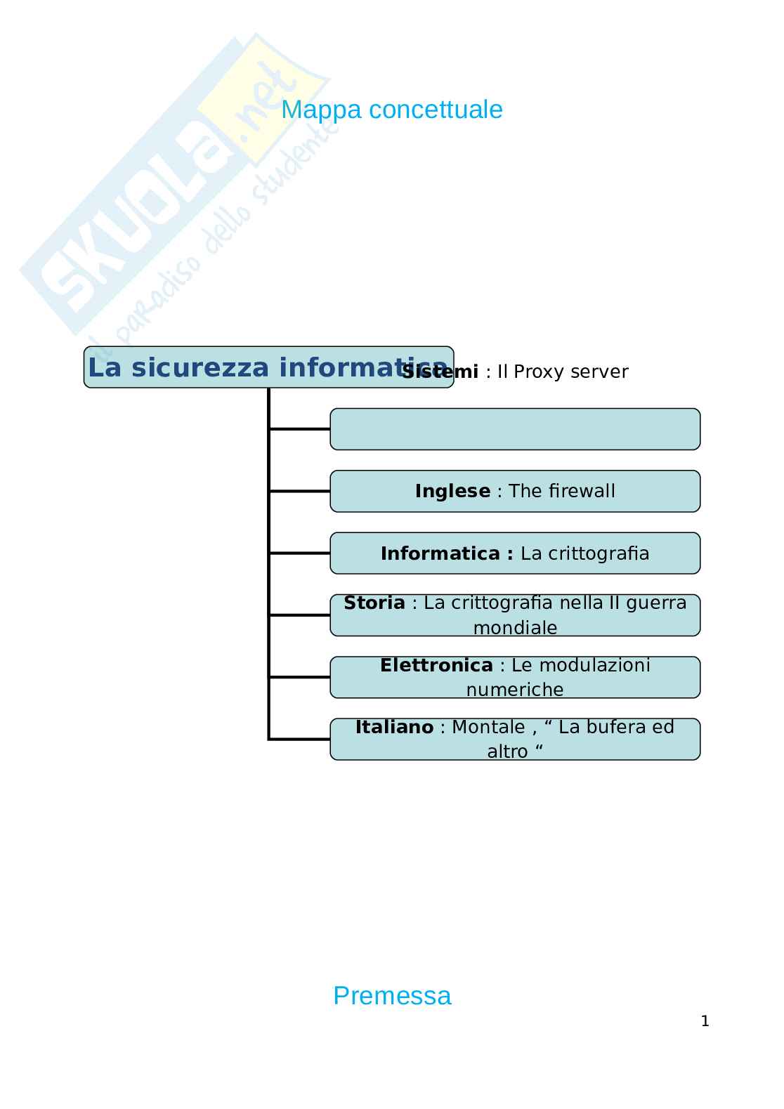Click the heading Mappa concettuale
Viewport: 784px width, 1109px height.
[391, 110]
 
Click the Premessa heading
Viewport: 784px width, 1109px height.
[391, 995]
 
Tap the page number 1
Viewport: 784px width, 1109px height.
[705, 1021]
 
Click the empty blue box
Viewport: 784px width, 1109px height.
[515, 429]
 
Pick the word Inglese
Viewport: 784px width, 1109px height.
[452, 491]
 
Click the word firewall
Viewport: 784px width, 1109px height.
[582, 491]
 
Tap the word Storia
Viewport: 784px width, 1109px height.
[374, 603]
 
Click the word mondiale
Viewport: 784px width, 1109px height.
[515, 627]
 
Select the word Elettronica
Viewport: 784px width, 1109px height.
[436, 664]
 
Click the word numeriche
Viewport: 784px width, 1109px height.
[515, 689]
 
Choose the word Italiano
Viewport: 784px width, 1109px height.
[394, 727]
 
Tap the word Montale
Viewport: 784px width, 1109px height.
[488, 727]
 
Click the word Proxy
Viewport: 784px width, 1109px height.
[538, 372]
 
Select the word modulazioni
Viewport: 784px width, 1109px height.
[580, 664]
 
